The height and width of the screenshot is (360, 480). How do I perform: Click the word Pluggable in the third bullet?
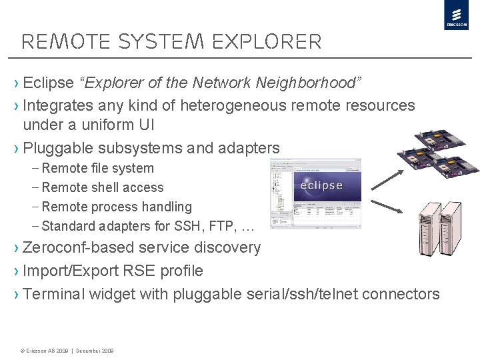(58, 148)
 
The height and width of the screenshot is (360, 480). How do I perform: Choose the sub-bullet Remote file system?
(97, 169)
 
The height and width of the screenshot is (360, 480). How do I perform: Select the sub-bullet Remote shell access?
(102, 188)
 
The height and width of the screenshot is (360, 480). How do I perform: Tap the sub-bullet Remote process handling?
(116, 207)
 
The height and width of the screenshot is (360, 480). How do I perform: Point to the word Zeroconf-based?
(78, 247)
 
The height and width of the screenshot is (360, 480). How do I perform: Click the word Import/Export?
(71, 271)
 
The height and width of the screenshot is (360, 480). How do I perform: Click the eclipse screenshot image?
(315, 193)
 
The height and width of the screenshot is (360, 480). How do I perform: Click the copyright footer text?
(67, 351)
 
